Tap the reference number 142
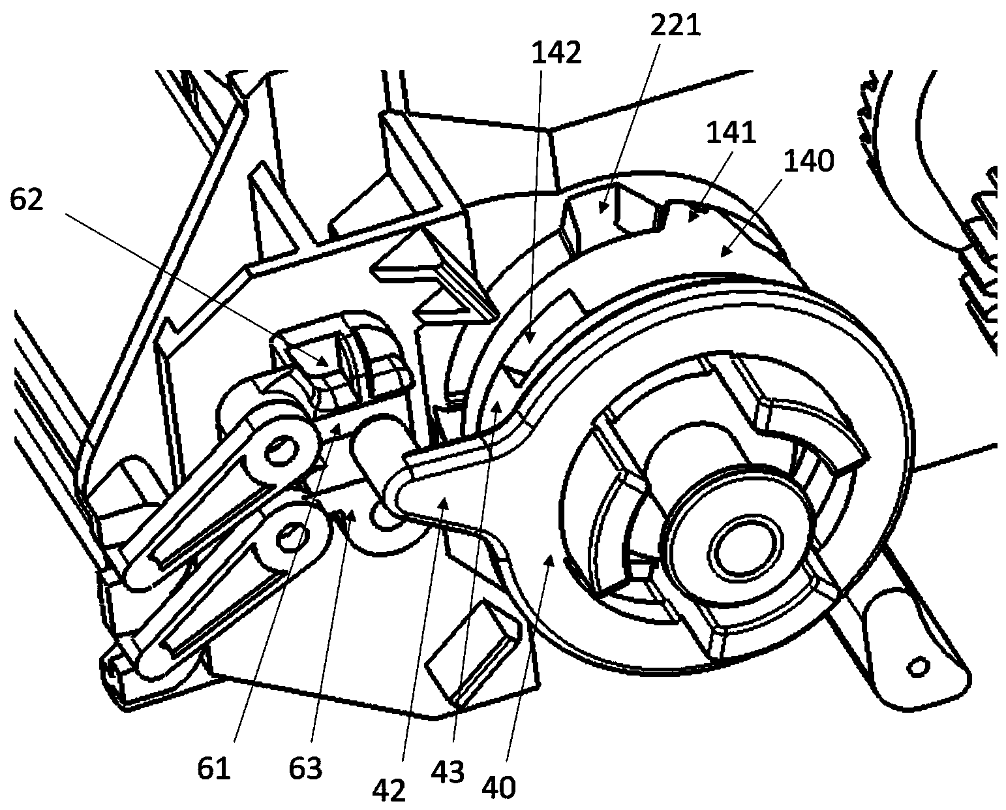(x=556, y=52)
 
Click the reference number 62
(x=26, y=200)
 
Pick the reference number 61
(x=214, y=769)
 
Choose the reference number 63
(x=305, y=769)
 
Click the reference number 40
(x=500, y=787)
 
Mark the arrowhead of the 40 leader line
(x=552, y=555)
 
